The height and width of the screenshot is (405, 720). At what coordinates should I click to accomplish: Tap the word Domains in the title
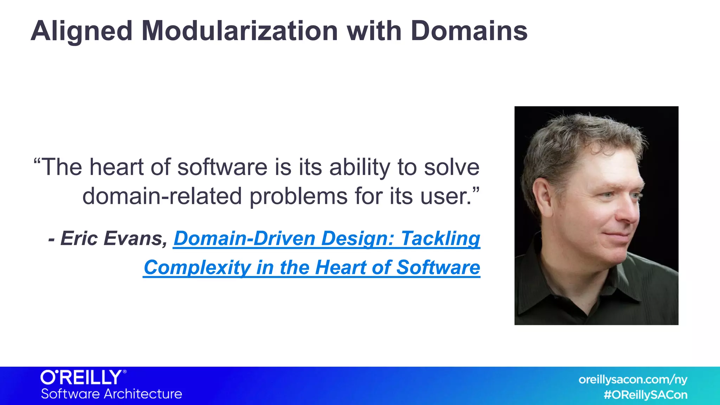(x=469, y=31)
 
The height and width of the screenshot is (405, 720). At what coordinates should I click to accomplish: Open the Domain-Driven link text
(x=244, y=238)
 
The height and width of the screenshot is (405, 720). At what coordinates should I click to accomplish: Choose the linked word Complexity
(x=197, y=268)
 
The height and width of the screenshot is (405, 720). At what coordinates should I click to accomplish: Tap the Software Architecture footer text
(x=111, y=394)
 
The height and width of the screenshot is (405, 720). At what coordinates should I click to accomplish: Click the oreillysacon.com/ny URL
(x=632, y=380)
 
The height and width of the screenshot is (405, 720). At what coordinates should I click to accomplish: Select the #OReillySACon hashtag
(x=645, y=395)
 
